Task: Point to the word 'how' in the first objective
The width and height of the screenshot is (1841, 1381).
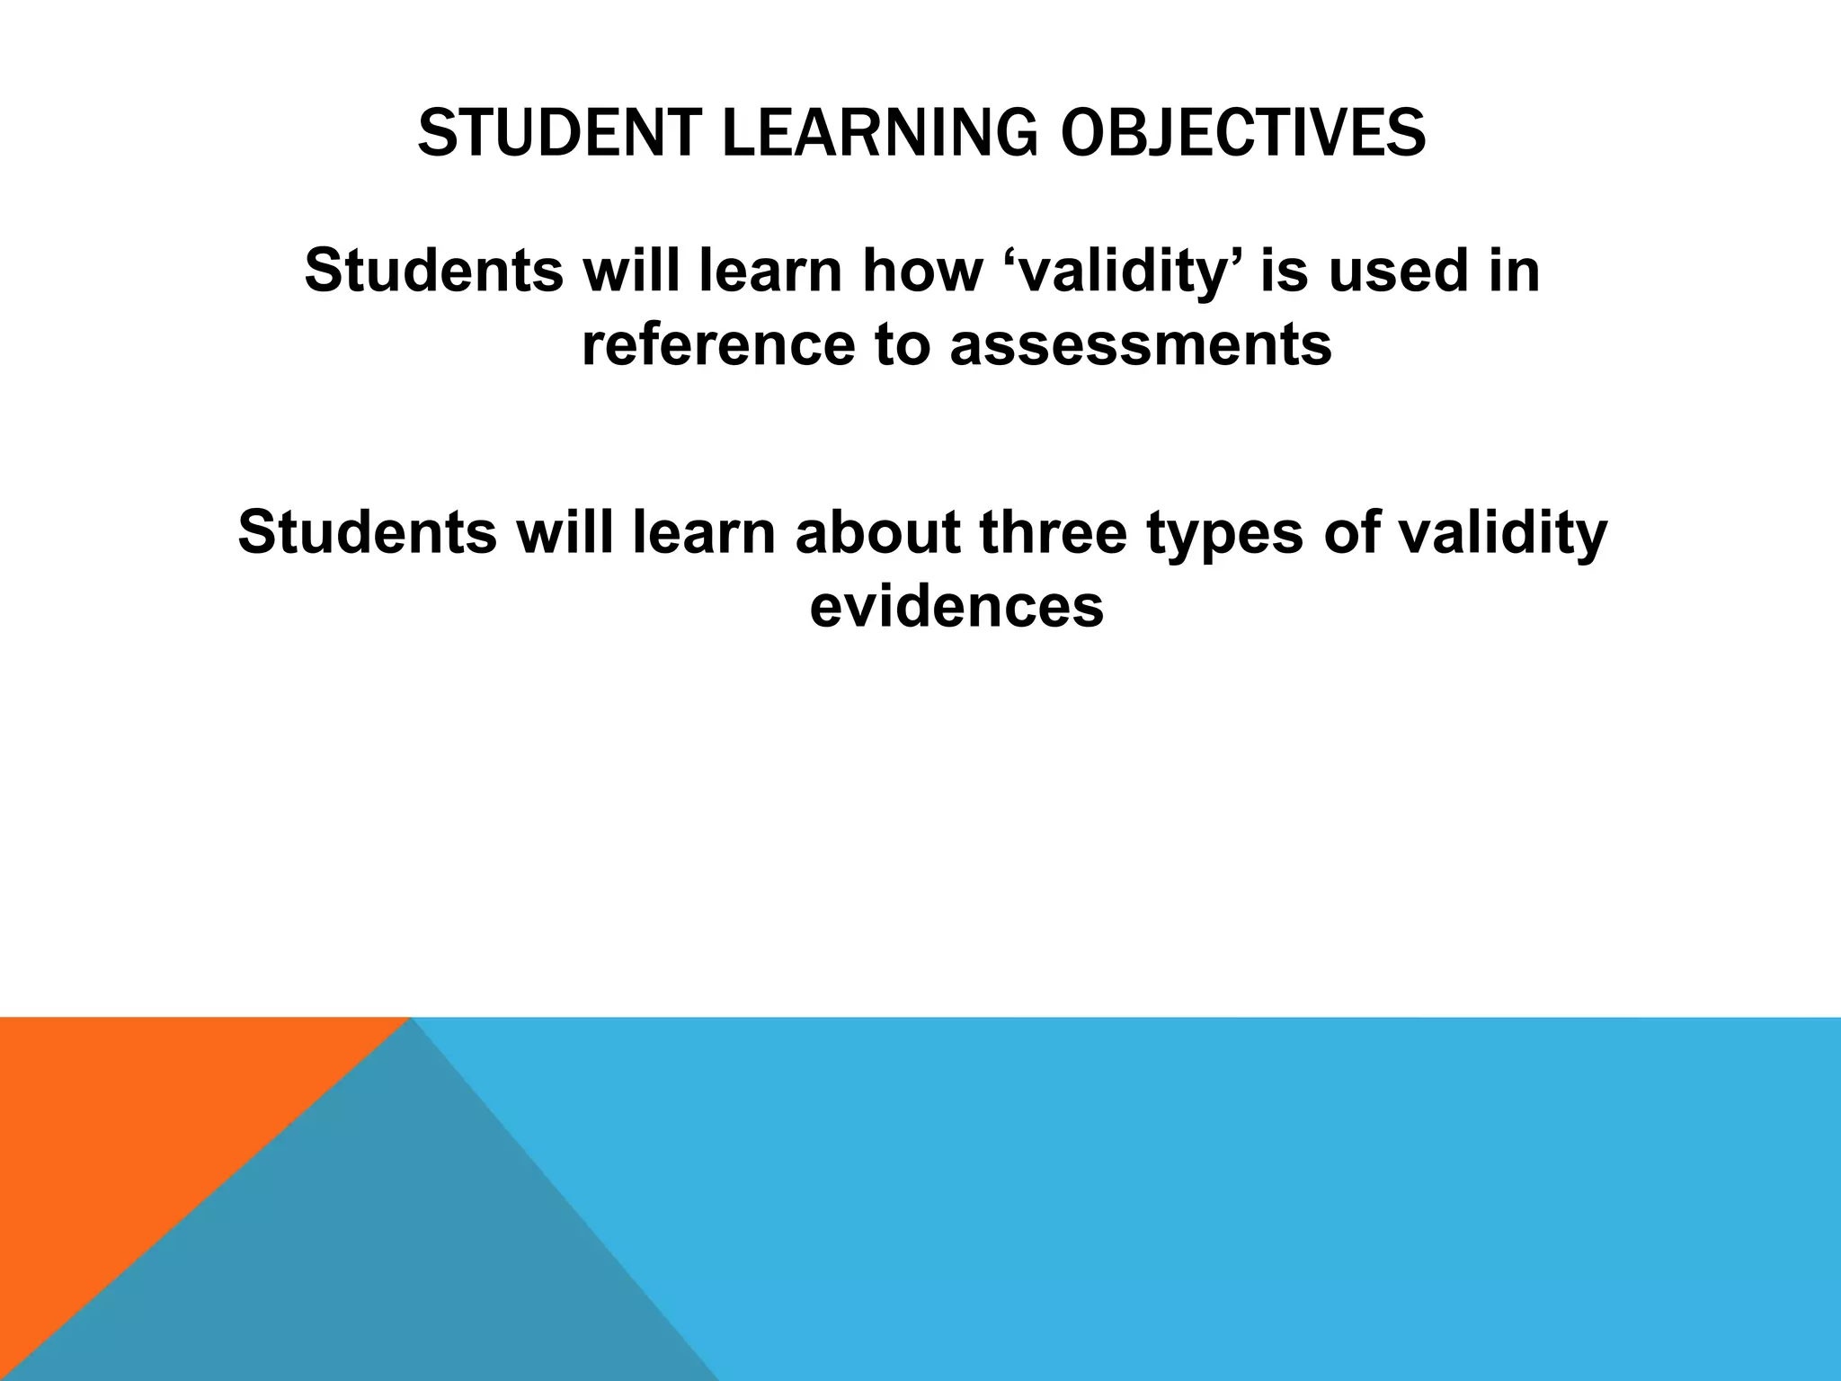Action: coord(920,271)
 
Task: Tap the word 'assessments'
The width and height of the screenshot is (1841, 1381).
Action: coord(1140,345)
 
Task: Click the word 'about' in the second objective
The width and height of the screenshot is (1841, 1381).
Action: coord(877,532)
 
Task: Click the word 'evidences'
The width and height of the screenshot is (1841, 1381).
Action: coord(956,607)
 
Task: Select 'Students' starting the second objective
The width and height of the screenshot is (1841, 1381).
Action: coord(367,532)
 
